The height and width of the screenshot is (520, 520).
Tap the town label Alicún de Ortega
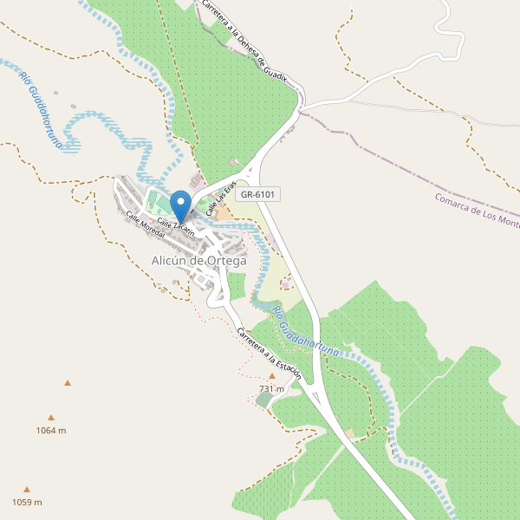point(198,260)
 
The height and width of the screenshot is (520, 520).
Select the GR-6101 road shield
point(257,194)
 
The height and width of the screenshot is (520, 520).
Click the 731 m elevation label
point(271,389)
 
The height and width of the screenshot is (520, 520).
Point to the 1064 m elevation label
point(51,430)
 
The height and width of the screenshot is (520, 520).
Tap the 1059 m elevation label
point(27,502)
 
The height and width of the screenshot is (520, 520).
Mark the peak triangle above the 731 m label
point(271,376)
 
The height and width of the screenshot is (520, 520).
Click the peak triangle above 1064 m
point(51,417)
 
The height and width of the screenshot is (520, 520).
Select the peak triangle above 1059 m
point(27,489)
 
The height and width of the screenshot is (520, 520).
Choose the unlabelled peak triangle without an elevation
point(67,382)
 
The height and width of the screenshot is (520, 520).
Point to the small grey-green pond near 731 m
point(263,400)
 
